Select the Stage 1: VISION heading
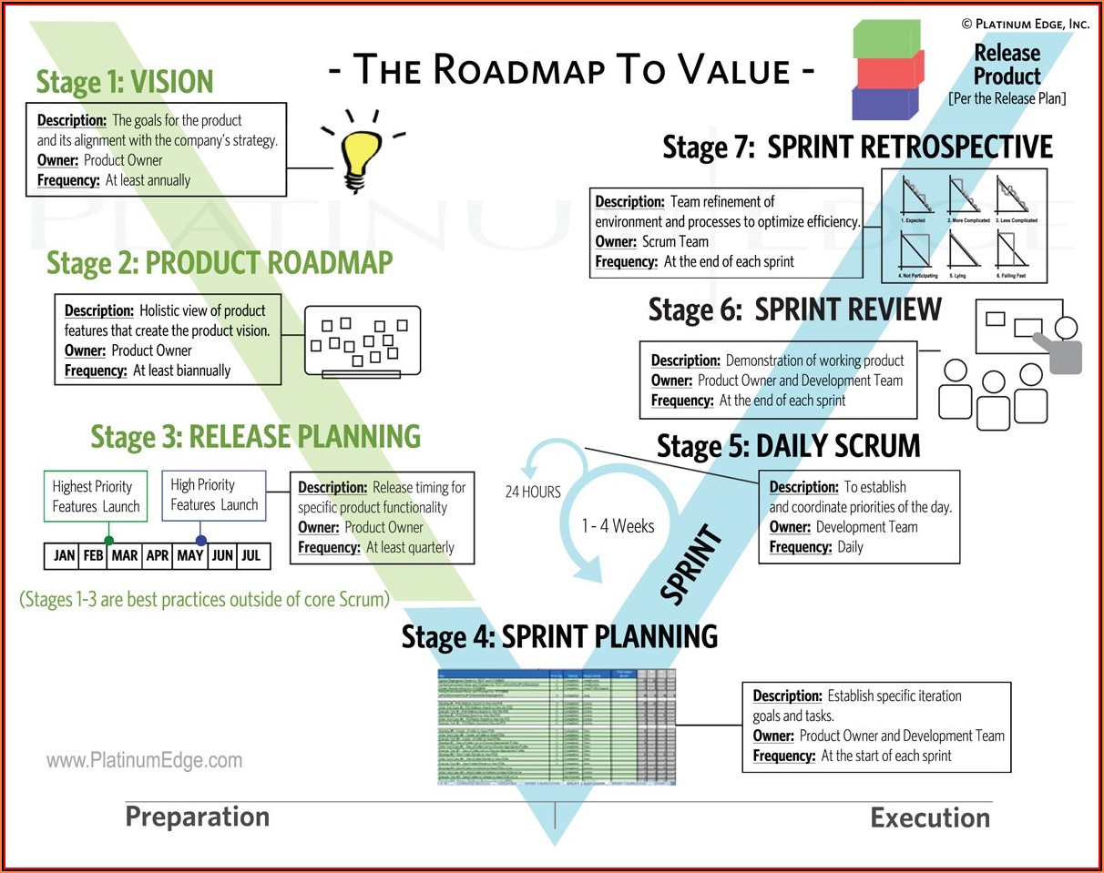click(x=124, y=82)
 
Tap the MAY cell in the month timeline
click(x=190, y=555)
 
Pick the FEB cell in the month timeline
click(x=93, y=555)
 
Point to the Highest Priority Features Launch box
click(x=96, y=496)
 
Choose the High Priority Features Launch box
click(x=214, y=495)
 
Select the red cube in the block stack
click(x=887, y=71)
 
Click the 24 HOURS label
click(x=533, y=492)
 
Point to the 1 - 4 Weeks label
click(x=618, y=525)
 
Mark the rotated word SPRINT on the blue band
click(x=691, y=565)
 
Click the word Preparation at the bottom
click(x=197, y=817)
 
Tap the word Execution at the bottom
click(x=929, y=817)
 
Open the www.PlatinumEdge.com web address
click(x=144, y=760)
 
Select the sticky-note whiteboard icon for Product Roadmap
click(x=363, y=341)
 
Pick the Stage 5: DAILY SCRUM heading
click(x=788, y=446)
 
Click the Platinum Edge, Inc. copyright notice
click(x=1025, y=23)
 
